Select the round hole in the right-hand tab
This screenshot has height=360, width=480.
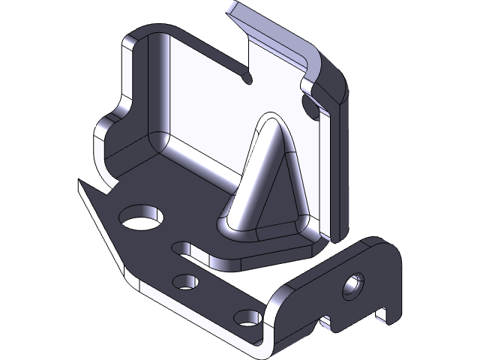(352, 286)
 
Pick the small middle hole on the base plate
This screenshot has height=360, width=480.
(184, 282)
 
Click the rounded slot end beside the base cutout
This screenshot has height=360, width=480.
(181, 247)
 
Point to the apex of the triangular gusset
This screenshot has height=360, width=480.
(269, 120)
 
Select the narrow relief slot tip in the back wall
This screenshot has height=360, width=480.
(247, 77)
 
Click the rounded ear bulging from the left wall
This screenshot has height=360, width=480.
(105, 135)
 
